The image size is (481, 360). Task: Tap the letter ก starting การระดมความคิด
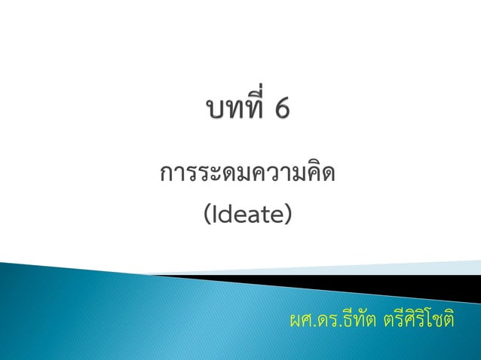click(x=167, y=177)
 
